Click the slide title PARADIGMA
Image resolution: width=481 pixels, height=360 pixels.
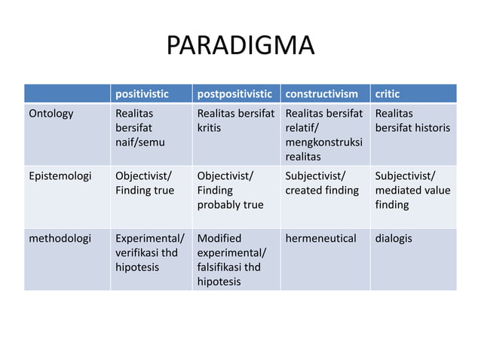[240, 47]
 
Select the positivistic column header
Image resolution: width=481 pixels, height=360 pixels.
[142, 94]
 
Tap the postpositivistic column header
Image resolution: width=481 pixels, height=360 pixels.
[234, 94]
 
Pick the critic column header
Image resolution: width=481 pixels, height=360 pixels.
[388, 94]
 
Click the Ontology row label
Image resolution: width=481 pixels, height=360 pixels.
[51, 114]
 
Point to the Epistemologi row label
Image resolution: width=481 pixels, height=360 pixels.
[60, 176]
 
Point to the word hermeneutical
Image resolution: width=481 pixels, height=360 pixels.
[320, 239]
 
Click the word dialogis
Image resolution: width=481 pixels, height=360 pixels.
[395, 239]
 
